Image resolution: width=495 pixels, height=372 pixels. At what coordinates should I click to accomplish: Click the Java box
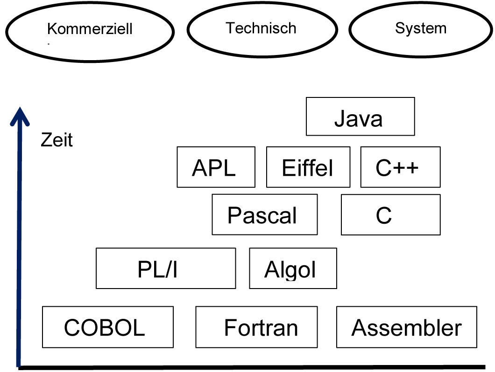coord(360,116)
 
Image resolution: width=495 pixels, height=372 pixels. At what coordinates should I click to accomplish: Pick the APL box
coord(216,167)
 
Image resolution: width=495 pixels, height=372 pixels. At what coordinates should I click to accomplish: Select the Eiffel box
coord(308,167)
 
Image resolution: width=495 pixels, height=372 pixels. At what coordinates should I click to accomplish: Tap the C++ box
coord(400,167)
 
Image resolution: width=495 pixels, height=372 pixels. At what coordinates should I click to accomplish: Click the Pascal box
coord(264,214)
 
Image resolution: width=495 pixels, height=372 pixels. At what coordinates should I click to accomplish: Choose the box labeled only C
coord(390,214)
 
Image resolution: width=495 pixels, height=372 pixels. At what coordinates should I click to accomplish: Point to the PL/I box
coord(165,268)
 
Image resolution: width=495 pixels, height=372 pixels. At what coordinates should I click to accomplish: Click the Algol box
coord(293,268)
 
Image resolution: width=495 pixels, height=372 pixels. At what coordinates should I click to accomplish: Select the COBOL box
coord(107,327)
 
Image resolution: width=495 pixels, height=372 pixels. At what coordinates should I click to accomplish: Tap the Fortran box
coord(256,327)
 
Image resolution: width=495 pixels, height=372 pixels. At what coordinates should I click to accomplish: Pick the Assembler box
coord(406,327)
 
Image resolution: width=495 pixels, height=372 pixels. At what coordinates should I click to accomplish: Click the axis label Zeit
coord(57,140)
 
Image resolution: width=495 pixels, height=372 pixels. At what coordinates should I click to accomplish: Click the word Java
coord(358,119)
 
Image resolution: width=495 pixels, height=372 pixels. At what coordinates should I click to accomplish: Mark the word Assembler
coord(406,328)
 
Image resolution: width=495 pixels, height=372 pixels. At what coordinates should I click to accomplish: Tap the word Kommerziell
coord(90,29)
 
